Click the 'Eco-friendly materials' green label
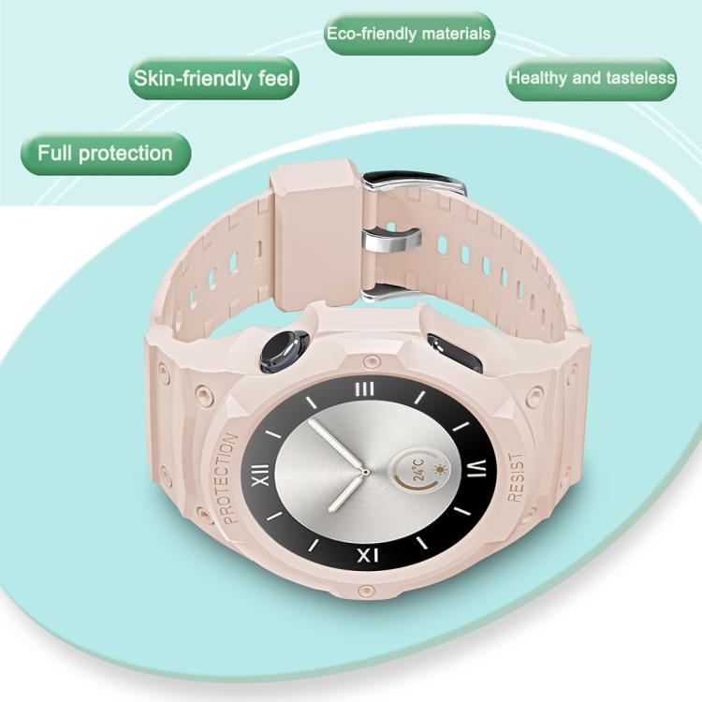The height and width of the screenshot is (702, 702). click(409, 34)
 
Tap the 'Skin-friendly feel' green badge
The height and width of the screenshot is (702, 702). click(213, 78)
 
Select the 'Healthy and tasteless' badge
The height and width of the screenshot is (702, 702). click(591, 79)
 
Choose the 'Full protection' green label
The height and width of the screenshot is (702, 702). click(106, 154)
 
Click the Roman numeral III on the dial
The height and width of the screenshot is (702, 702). click(364, 389)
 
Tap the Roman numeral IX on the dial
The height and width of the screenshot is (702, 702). click(368, 555)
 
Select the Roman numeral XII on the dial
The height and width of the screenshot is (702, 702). click(260, 475)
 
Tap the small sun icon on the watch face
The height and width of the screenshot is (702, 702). click(442, 471)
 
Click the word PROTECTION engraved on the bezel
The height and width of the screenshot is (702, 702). click(230, 477)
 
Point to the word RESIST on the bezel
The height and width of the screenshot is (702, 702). click(516, 476)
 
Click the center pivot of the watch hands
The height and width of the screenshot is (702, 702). click(365, 472)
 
